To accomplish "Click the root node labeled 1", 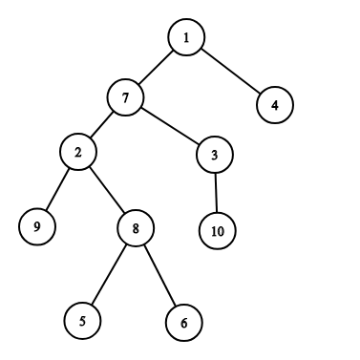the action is pos(186,37).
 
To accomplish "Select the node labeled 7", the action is pos(125,97).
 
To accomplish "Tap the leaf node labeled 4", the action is pos(275,105).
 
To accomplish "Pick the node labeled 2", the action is pos(78,152).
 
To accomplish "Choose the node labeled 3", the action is pos(215,155).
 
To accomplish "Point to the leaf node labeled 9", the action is pos(37,226).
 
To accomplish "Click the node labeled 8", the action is pos(136,228).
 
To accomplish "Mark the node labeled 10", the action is pos(218,231).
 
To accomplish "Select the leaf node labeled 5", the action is pos(83,321).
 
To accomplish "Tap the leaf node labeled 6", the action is pos(184,323).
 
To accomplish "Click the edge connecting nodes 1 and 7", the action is pos(156,67).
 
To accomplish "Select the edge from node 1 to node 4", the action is pos(231,71).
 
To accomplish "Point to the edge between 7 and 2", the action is pos(102,124).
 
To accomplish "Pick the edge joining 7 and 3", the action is pos(170,126).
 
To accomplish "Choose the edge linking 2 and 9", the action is pos(57,189).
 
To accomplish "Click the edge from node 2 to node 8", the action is pos(107,190).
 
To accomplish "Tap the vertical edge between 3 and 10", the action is pos(216,193).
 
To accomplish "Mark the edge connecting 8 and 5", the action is pos(109,274).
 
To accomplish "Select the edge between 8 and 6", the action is pos(160,275).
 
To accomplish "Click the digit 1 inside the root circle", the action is pos(186,37).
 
